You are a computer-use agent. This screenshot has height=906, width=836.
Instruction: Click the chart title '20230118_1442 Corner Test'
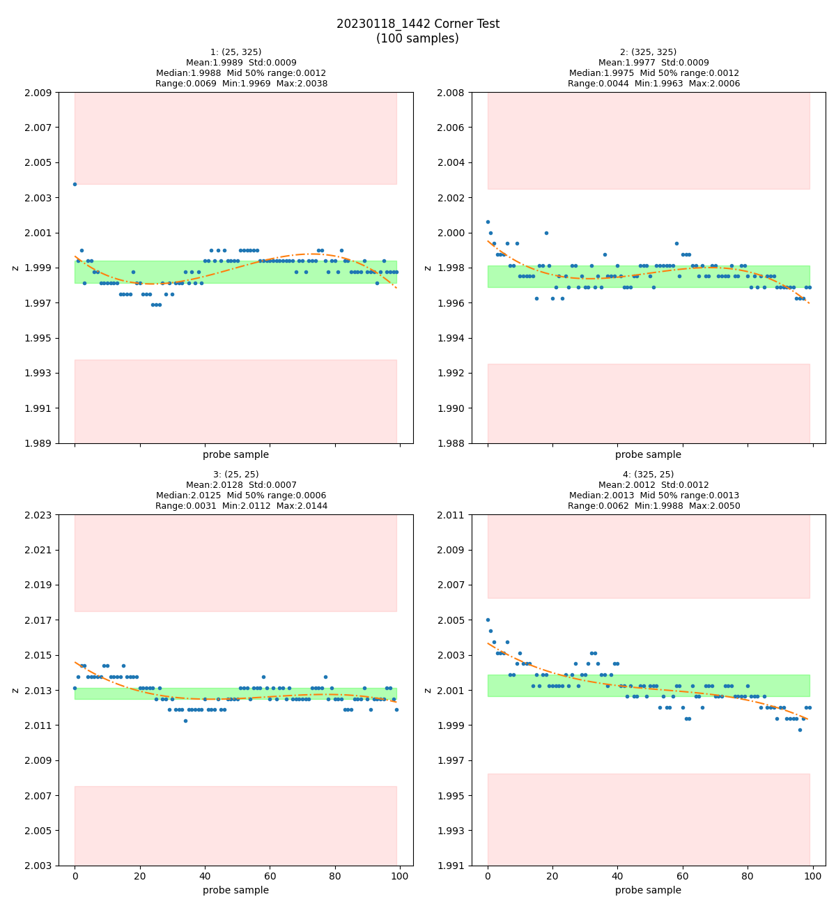point(417,24)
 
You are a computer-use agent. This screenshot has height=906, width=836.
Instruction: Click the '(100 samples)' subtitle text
point(417,39)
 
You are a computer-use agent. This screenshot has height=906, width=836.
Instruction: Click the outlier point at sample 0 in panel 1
point(75,184)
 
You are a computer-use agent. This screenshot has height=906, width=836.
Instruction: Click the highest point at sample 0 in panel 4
point(488,620)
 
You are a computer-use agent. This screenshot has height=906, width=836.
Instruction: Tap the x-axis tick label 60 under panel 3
point(270,876)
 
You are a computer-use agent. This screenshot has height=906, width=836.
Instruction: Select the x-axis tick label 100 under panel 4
point(812,876)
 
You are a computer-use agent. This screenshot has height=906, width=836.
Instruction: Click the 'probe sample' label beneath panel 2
point(648,454)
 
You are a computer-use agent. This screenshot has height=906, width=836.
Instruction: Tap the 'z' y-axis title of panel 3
point(15,690)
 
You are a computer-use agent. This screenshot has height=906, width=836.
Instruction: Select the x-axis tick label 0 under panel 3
point(75,876)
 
